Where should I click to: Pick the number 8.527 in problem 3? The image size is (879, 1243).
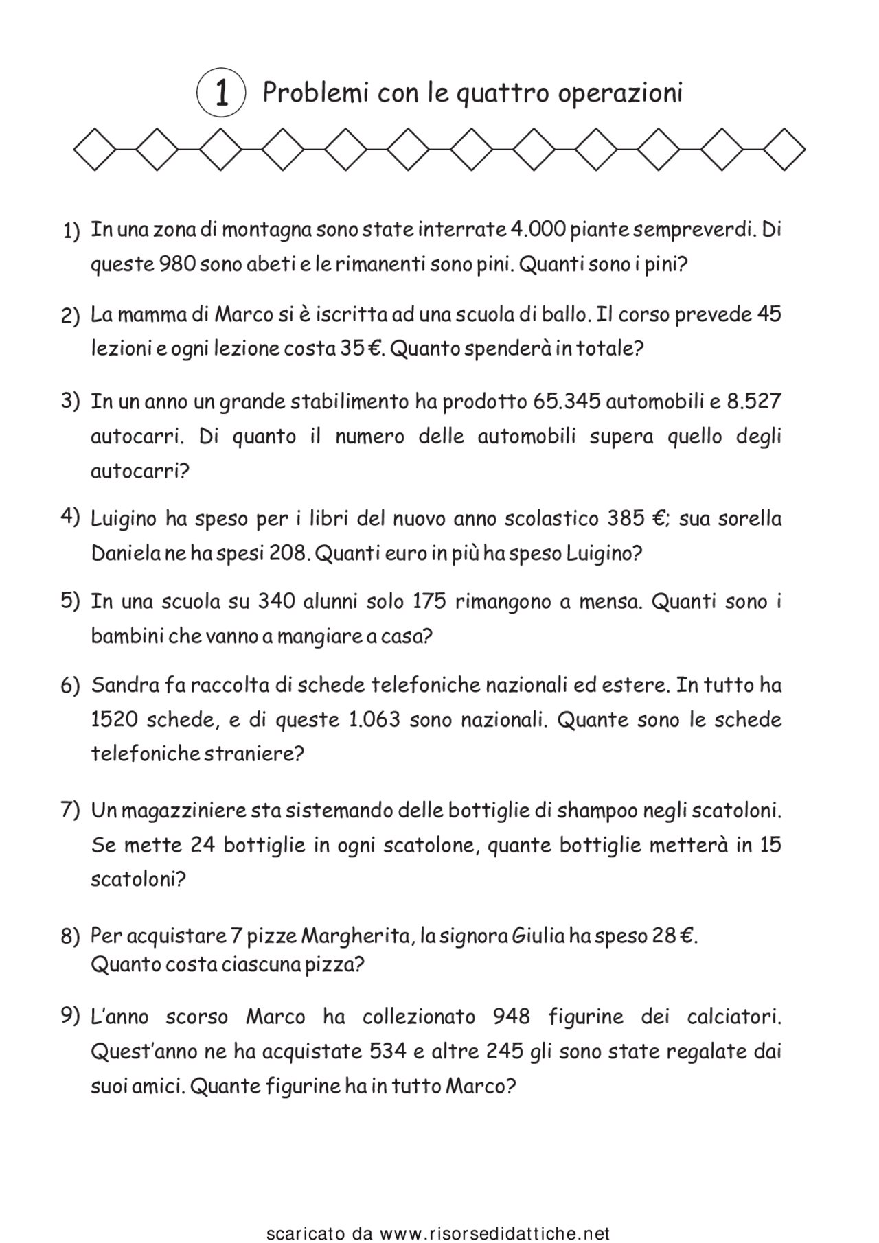(753, 401)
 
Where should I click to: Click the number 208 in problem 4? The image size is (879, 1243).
(287, 553)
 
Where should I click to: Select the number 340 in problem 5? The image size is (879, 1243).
(276, 602)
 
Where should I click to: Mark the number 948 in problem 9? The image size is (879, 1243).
(512, 1017)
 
